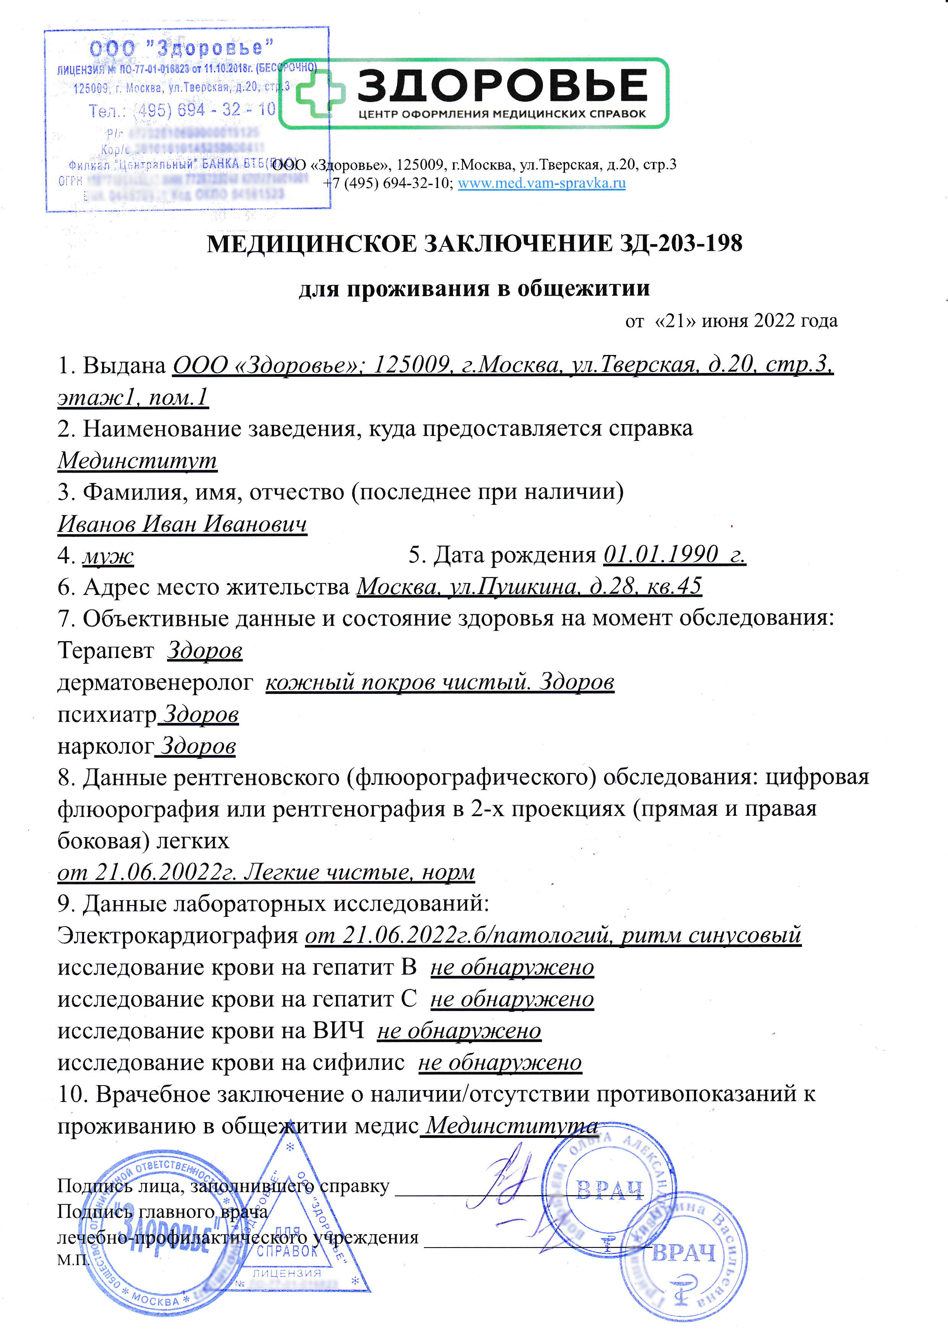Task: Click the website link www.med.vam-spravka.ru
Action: [x=541, y=183]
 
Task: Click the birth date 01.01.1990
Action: [x=661, y=554]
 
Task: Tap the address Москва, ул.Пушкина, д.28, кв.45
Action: [x=529, y=586]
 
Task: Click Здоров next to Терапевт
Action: [x=204, y=650]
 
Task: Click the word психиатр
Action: [x=107, y=715]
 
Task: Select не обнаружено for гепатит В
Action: [x=512, y=967]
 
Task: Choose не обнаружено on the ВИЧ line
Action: [x=459, y=1031]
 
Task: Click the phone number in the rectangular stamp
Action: [x=182, y=110]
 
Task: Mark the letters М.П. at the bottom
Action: [x=72, y=1259]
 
